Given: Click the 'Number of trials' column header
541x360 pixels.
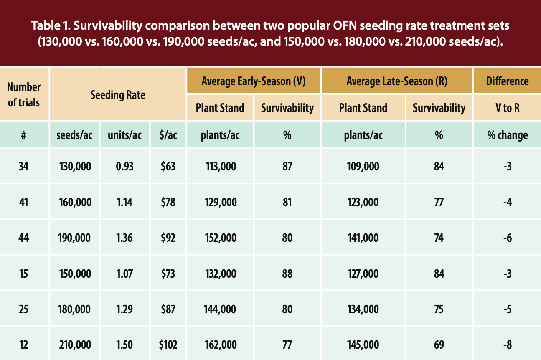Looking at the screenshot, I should tap(24, 94).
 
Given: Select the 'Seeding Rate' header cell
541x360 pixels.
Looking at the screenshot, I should tap(118, 95).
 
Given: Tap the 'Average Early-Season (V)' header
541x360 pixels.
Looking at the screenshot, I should tap(254, 81).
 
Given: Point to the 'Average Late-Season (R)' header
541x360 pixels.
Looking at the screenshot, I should tap(397, 81).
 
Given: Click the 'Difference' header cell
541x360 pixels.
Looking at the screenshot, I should tap(507, 81).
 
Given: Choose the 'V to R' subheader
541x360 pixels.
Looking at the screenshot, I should tap(507, 108).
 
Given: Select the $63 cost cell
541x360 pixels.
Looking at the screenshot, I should tap(168, 167).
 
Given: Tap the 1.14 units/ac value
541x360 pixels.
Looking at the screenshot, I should tap(124, 203).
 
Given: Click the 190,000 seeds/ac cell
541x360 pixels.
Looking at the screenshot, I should tap(74, 238).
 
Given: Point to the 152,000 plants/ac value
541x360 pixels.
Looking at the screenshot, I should tap(221, 238).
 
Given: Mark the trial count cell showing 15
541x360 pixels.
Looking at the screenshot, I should tap(24, 274).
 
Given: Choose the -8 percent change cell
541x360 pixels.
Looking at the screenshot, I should tap(507, 345).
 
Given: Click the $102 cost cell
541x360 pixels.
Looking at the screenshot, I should tap(168, 345).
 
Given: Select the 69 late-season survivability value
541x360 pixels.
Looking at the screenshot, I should tap(439, 345).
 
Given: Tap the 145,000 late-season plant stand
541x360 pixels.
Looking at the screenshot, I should tap(363, 345).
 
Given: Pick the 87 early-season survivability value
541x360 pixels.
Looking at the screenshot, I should tap(287, 167).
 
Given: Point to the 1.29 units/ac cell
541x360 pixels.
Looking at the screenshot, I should tap(124, 309).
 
